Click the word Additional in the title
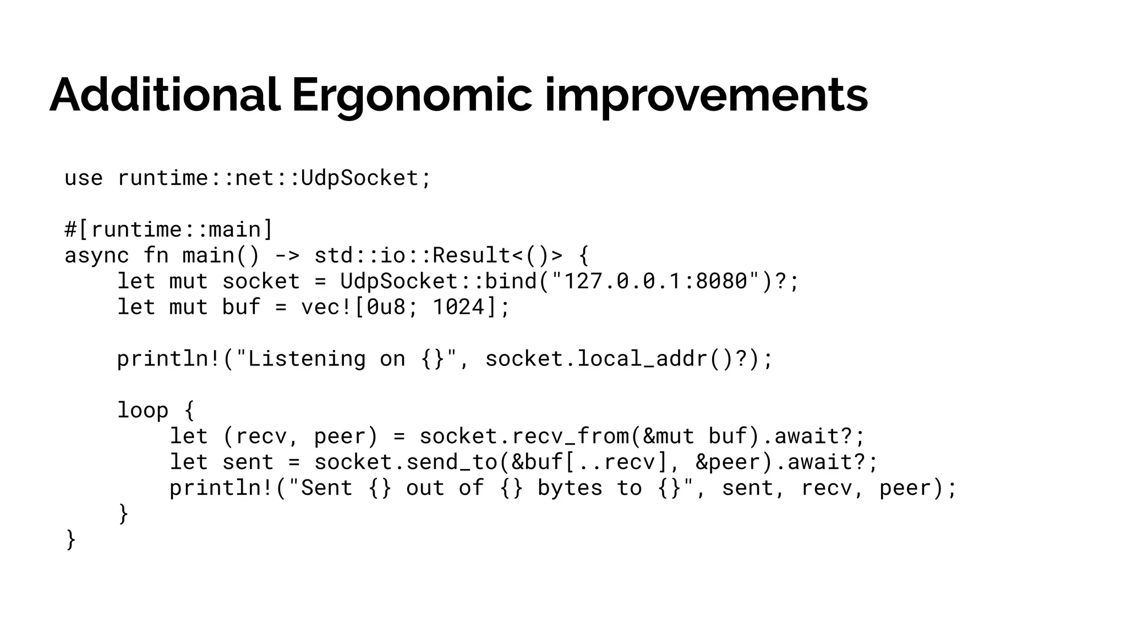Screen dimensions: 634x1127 click(165, 95)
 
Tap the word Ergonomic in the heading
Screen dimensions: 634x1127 click(412, 95)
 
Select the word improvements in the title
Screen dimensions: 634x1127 click(706, 95)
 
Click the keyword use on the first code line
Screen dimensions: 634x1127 click(84, 178)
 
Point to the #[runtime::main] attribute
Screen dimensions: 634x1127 click(168, 229)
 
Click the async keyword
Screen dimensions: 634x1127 click(97, 255)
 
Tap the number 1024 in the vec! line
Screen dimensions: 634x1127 click(459, 307)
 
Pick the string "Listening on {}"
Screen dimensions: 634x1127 click(347, 359)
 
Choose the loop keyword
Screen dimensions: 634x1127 click(143, 411)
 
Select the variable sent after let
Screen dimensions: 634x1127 click(248, 462)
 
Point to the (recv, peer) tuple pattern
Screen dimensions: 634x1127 click(300, 436)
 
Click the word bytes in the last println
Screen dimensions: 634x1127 click(570, 488)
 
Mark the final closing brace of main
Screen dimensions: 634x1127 click(70, 540)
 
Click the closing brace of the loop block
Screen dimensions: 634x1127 click(123, 514)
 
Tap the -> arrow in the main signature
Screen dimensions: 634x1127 click(287, 255)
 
